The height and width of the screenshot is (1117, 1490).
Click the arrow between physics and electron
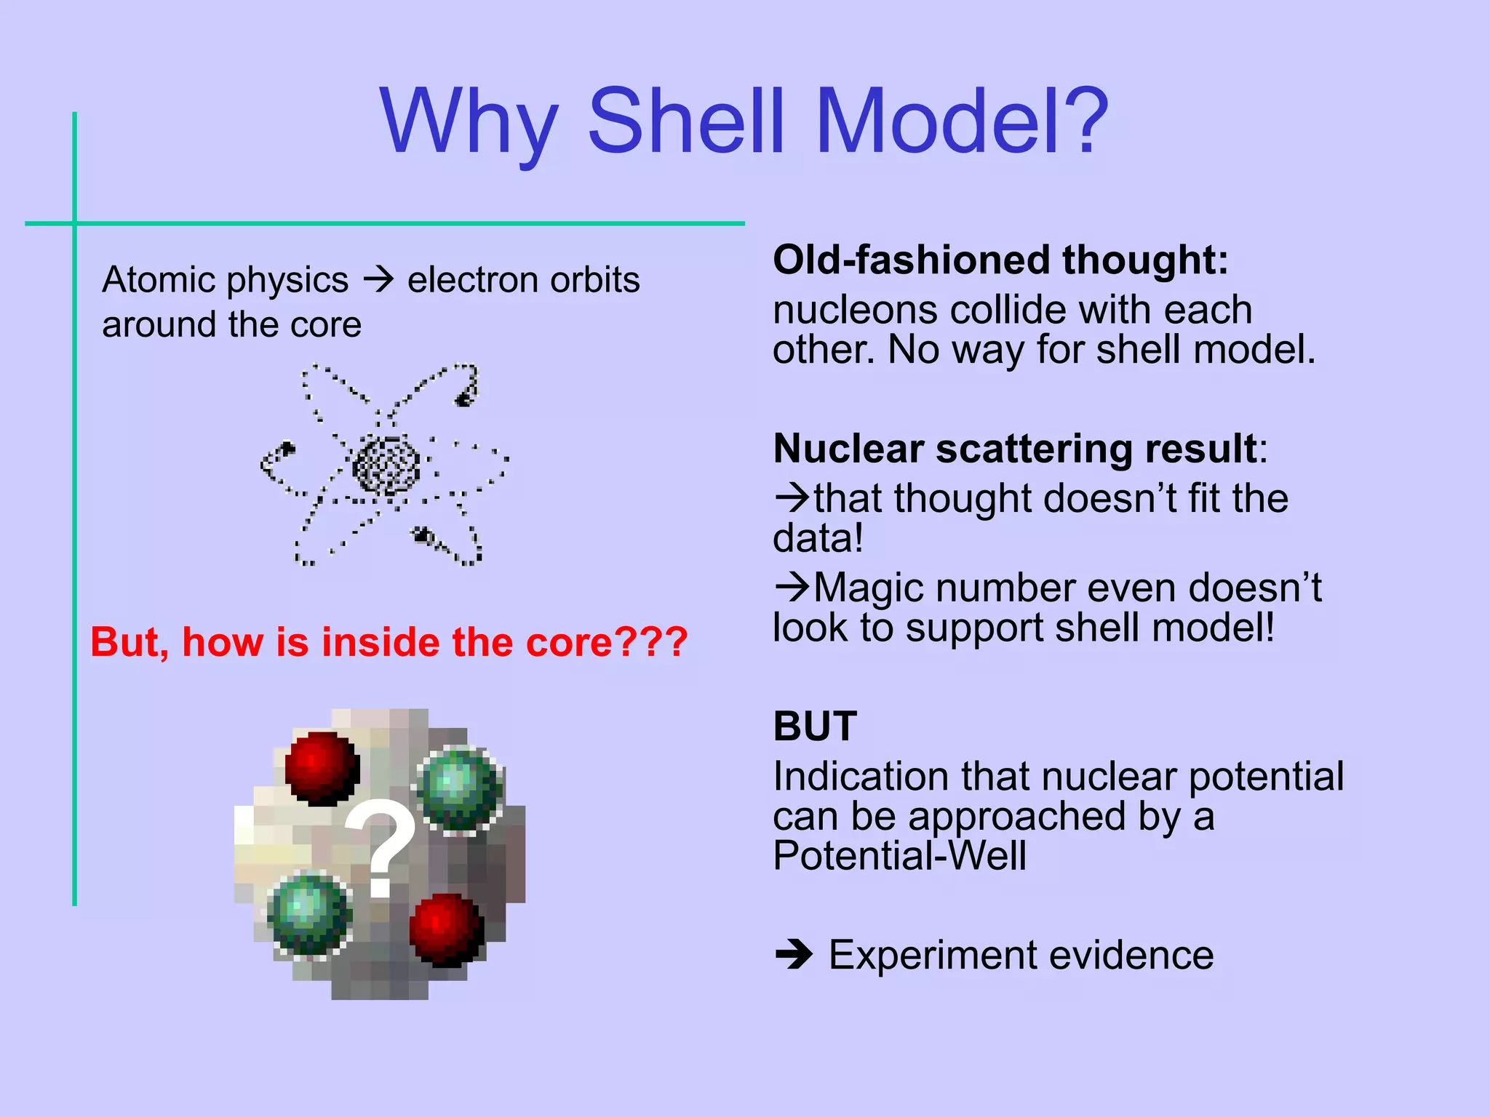coord(378,280)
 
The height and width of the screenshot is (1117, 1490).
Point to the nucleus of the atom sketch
coord(386,465)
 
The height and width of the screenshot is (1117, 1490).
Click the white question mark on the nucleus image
coord(381,847)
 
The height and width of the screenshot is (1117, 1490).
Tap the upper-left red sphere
coord(322,768)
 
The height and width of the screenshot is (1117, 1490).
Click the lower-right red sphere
coord(446,929)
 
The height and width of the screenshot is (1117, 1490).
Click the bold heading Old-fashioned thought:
coord(1000,260)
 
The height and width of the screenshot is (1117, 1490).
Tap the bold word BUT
coord(815,726)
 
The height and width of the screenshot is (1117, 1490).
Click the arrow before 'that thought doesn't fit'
coord(792,498)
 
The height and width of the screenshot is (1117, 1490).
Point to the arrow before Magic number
coord(792,587)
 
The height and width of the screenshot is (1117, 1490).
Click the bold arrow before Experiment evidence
coord(794,954)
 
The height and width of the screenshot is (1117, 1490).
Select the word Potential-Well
coord(899,856)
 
